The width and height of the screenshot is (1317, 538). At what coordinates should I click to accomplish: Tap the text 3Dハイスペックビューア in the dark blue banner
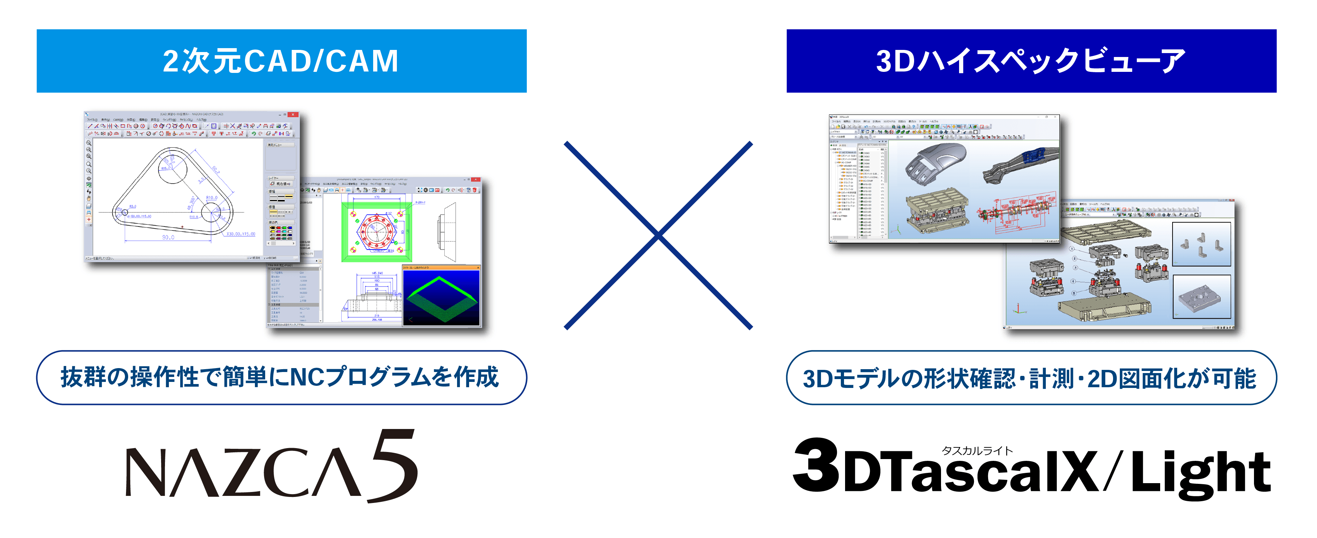(x=1031, y=61)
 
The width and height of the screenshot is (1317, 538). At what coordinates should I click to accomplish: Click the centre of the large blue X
(x=658, y=235)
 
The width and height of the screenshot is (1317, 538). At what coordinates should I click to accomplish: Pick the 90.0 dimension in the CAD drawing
(x=168, y=237)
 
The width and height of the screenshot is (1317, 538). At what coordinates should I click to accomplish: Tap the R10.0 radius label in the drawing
(x=211, y=198)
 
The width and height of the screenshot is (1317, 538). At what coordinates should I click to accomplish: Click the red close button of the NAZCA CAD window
(x=292, y=114)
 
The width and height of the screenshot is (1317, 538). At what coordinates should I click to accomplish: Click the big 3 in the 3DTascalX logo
(x=816, y=465)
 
